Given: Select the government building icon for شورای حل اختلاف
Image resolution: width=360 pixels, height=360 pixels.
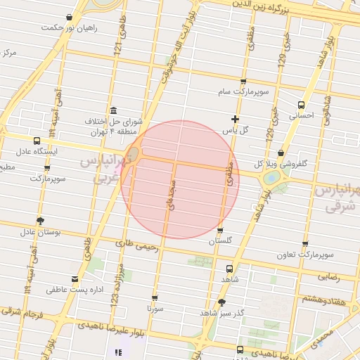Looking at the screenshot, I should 114,111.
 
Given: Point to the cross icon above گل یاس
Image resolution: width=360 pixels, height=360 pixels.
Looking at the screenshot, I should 235,119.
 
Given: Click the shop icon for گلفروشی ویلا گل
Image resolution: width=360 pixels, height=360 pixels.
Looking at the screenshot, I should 281,153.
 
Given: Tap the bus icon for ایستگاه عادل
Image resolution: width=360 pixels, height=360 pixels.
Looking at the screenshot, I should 37,141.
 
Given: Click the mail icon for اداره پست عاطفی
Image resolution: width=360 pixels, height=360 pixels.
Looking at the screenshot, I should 75,279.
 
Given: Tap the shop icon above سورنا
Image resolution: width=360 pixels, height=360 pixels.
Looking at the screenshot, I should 155,297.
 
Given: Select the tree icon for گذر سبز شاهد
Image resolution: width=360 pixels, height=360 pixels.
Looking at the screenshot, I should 223,302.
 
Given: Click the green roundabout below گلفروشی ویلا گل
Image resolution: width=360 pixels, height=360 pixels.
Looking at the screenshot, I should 270,179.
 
